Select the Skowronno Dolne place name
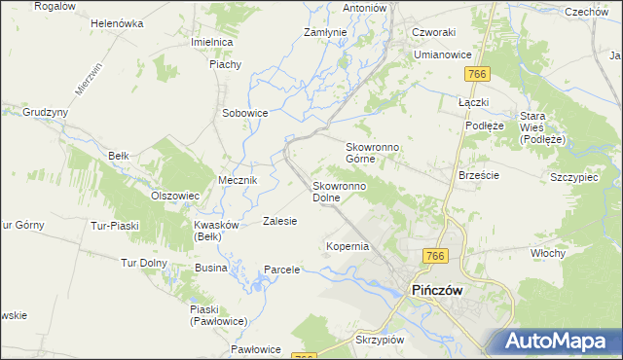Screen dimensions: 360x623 point(339,191)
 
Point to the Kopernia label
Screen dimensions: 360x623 point(348,246)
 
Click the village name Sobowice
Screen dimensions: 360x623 point(244,113)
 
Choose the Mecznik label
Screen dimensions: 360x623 point(238,181)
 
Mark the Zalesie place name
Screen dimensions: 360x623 point(279,221)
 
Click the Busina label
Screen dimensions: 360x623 point(211,267)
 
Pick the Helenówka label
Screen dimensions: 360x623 point(117,22)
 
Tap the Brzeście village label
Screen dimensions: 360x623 point(478,176)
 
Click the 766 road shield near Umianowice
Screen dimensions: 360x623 point(476,75)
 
